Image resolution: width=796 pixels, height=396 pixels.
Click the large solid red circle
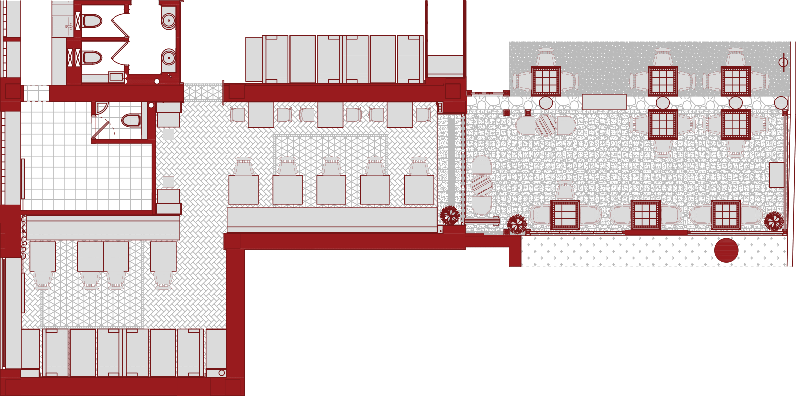(x=726, y=250)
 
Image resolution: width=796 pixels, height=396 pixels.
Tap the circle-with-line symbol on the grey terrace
(x=783, y=62)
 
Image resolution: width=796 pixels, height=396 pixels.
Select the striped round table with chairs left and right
(x=545, y=125)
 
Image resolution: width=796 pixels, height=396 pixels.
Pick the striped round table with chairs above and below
(x=481, y=185)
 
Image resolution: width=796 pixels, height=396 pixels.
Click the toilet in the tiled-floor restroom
(x=131, y=120)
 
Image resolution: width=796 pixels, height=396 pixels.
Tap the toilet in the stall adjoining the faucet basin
(x=92, y=21)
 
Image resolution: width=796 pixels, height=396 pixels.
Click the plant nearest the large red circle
(x=774, y=221)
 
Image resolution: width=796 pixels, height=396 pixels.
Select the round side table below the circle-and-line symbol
(x=781, y=103)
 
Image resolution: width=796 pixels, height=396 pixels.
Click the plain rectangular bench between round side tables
(x=604, y=101)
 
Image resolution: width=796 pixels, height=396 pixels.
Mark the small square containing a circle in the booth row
(x=221, y=373)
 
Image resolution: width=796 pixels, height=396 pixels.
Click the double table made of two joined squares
(x=104, y=256)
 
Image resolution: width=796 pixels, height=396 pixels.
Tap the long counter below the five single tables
(x=332, y=217)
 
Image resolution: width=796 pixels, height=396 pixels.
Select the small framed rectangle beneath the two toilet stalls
(x=116, y=77)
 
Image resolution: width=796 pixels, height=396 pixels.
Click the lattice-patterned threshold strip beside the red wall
(x=203, y=93)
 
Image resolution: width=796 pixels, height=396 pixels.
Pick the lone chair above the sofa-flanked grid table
(x=565, y=191)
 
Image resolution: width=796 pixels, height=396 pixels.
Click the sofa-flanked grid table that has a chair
(x=565, y=214)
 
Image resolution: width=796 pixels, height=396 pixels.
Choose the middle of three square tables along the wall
(x=331, y=115)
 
